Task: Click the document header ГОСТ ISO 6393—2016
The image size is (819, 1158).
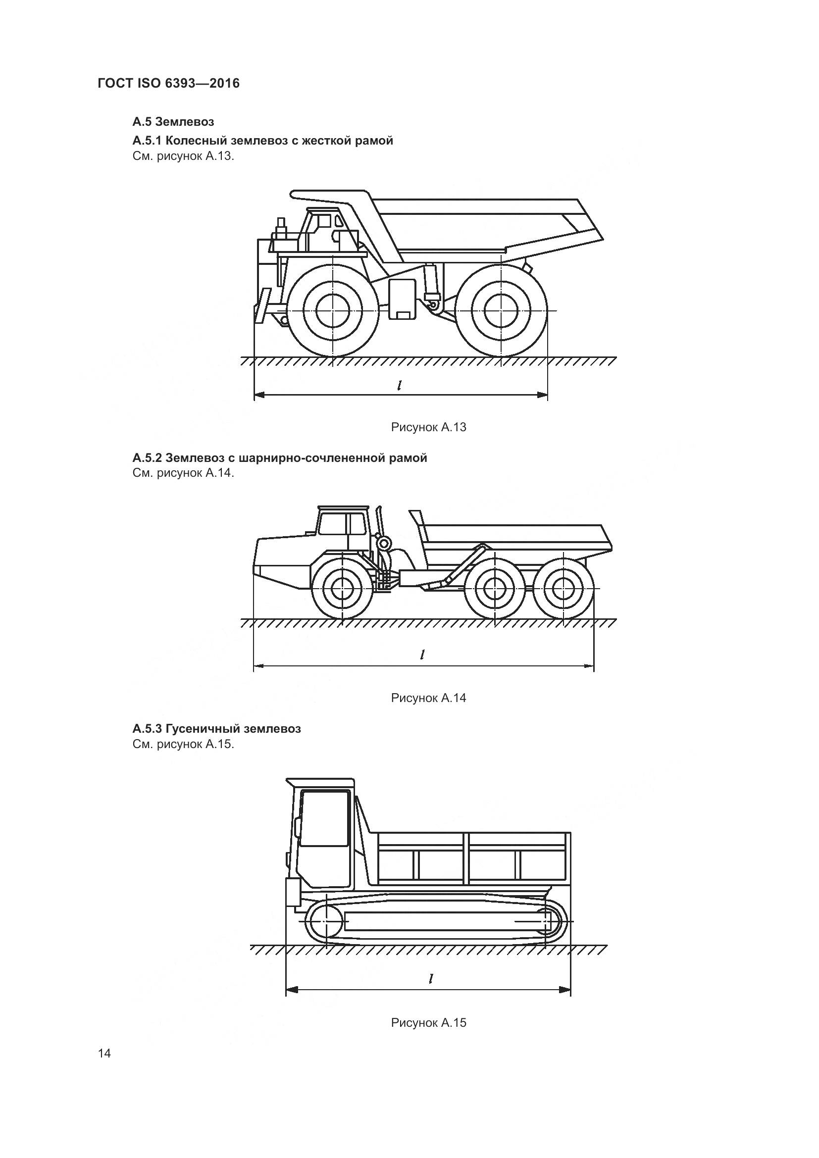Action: [168, 83]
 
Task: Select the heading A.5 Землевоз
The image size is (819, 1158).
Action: [173, 122]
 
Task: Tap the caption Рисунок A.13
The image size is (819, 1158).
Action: [428, 427]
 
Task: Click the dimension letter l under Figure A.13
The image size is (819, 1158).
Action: [400, 385]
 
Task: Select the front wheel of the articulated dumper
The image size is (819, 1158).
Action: [342, 589]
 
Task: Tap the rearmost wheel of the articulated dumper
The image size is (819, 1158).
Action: [564, 589]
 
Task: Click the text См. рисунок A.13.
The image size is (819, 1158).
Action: [183, 156]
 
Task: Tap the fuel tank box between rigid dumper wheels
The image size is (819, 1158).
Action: [402, 299]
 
